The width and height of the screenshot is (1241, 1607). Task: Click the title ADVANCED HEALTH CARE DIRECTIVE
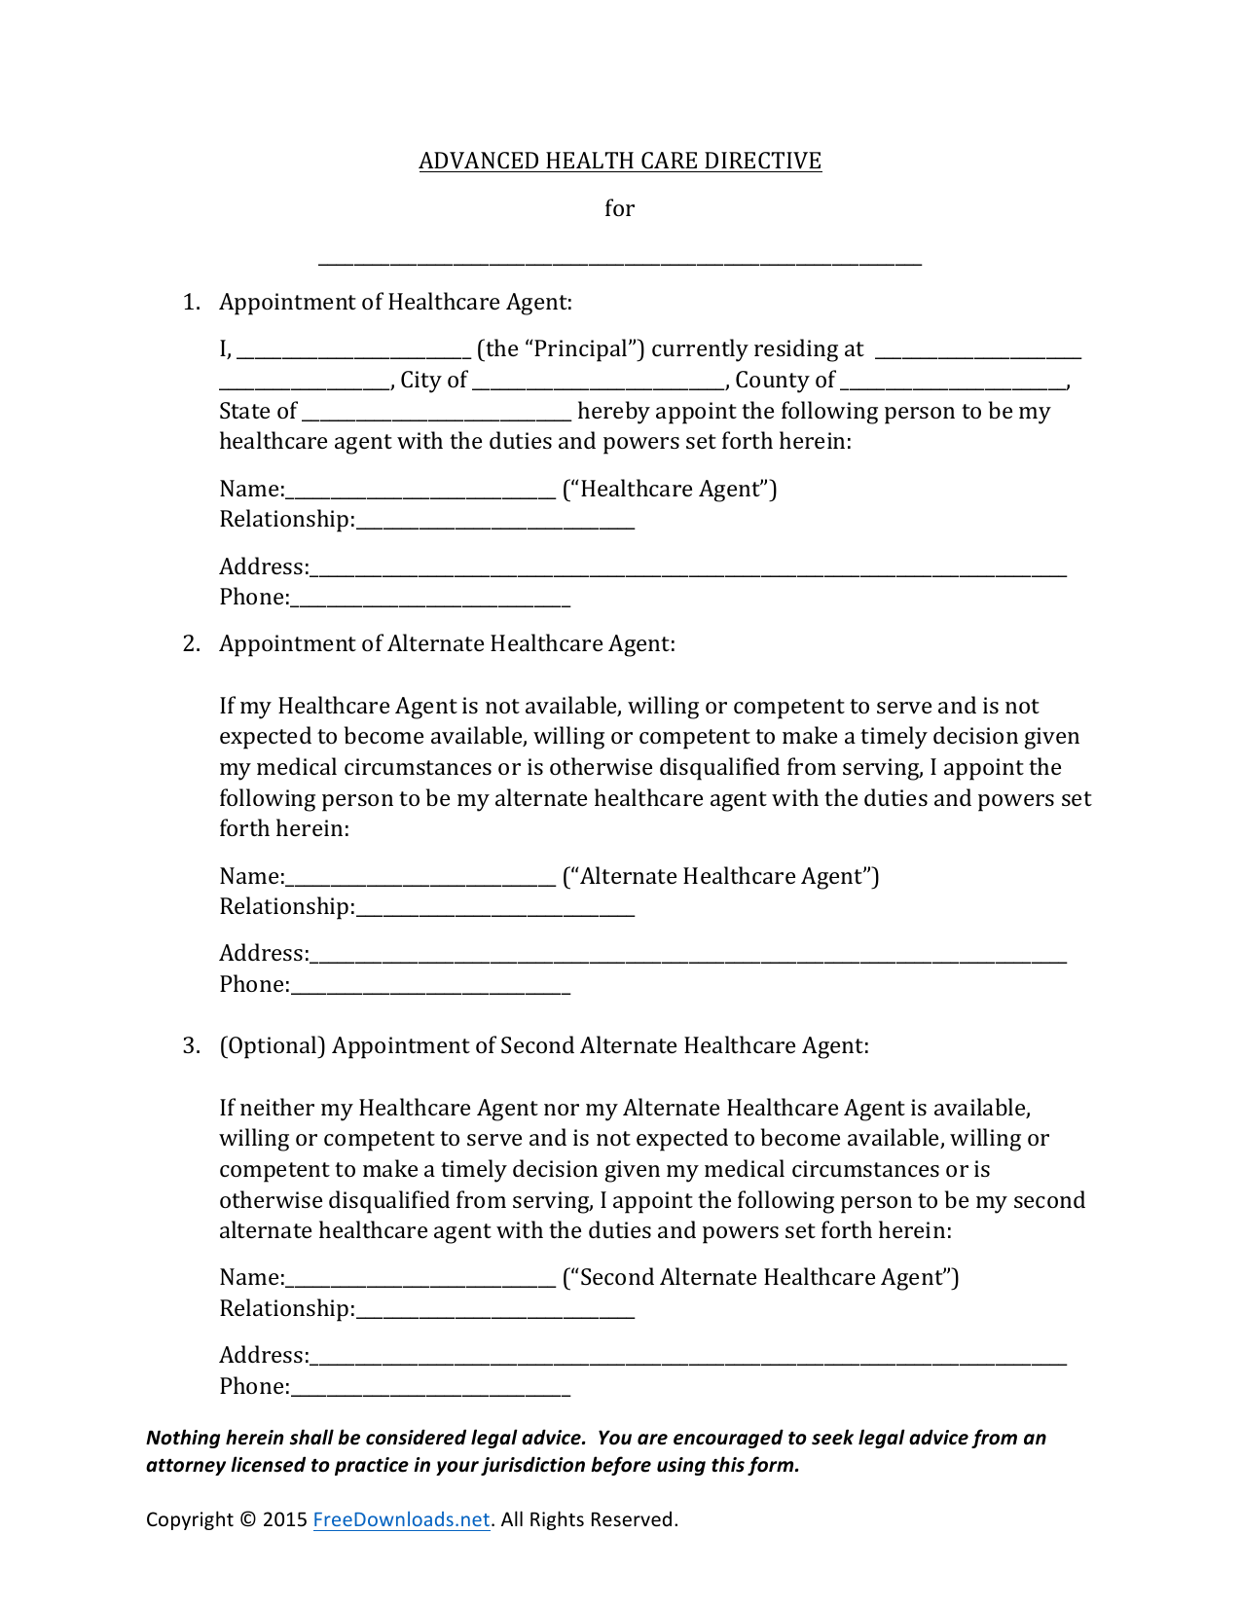click(620, 161)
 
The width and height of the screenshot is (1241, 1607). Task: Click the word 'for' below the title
click(619, 208)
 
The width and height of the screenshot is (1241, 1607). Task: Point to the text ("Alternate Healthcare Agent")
click(720, 876)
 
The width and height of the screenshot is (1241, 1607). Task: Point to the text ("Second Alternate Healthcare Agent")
click(760, 1277)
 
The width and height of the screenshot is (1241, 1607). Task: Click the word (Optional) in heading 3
click(272, 1045)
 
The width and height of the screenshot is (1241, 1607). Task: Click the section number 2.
click(190, 643)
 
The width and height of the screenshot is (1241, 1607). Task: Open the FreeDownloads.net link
click(401, 1519)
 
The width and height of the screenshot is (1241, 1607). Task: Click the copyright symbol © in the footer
click(247, 1519)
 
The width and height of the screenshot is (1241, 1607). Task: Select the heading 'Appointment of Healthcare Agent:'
click(395, 302)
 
